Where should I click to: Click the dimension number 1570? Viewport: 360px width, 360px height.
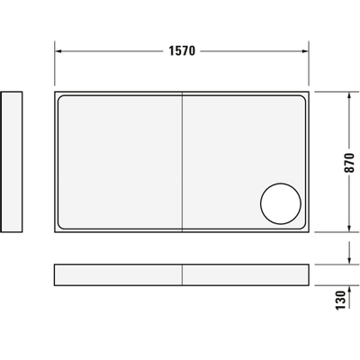click(184, 50)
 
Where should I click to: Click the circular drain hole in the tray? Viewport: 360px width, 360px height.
click(281, 203)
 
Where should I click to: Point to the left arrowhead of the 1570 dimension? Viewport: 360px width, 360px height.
click(58, 50)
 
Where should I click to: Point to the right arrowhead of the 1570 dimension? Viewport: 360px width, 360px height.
click(308, 50)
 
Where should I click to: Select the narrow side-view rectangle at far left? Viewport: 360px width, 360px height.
click(12, 163)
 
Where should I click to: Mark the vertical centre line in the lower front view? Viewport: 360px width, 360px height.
click(184, 274)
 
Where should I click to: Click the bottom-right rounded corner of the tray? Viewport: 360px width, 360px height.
click(304, 228)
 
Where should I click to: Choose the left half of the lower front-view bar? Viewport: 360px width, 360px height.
click(119, 274)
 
